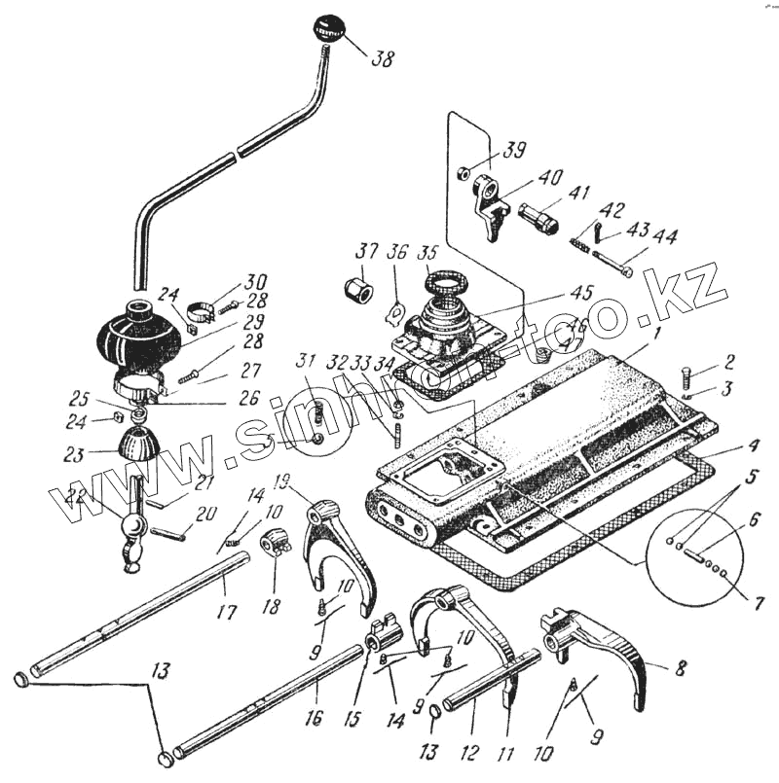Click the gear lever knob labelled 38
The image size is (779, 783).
coord(327,27)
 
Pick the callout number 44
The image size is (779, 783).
coord(665,236)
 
